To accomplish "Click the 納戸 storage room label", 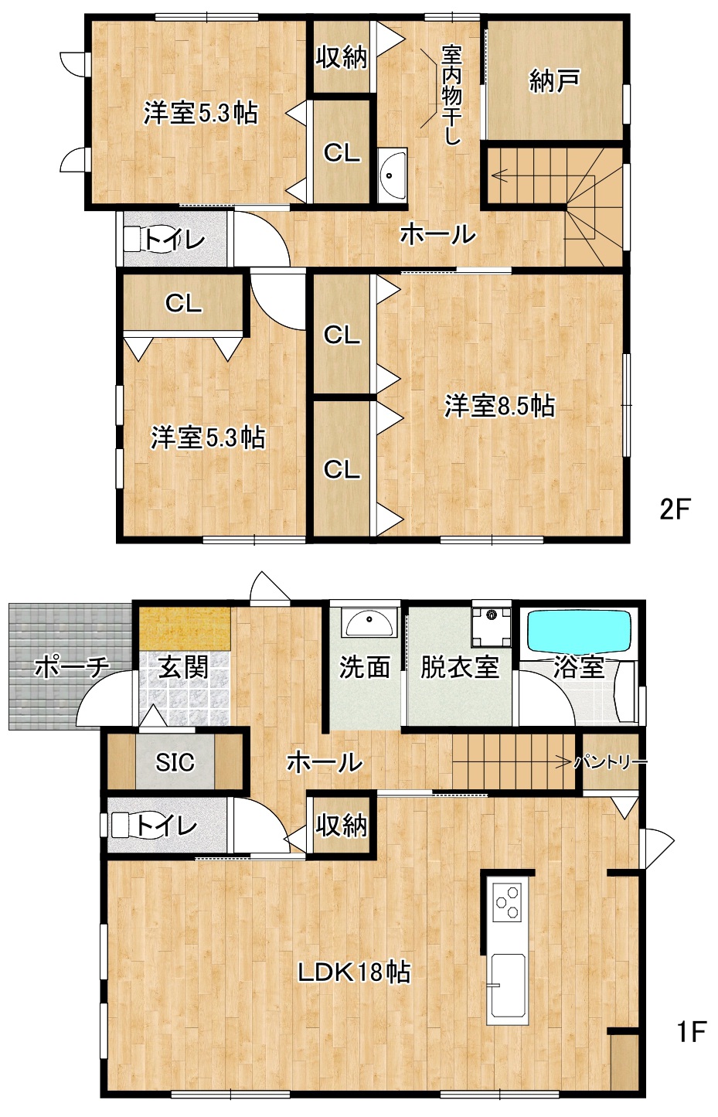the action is (554, 81).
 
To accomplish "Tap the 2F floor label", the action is (674, 509).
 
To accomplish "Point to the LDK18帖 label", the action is (354, 972).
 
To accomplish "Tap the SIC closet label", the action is (175, 762).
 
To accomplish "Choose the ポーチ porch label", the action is (72, 667).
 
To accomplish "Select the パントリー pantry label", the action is (611, 762).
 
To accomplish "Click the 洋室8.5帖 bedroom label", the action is (499, 406).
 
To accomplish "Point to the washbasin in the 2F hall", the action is (393, 175).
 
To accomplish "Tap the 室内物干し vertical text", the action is (451, 95).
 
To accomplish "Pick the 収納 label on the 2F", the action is (341, 56).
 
